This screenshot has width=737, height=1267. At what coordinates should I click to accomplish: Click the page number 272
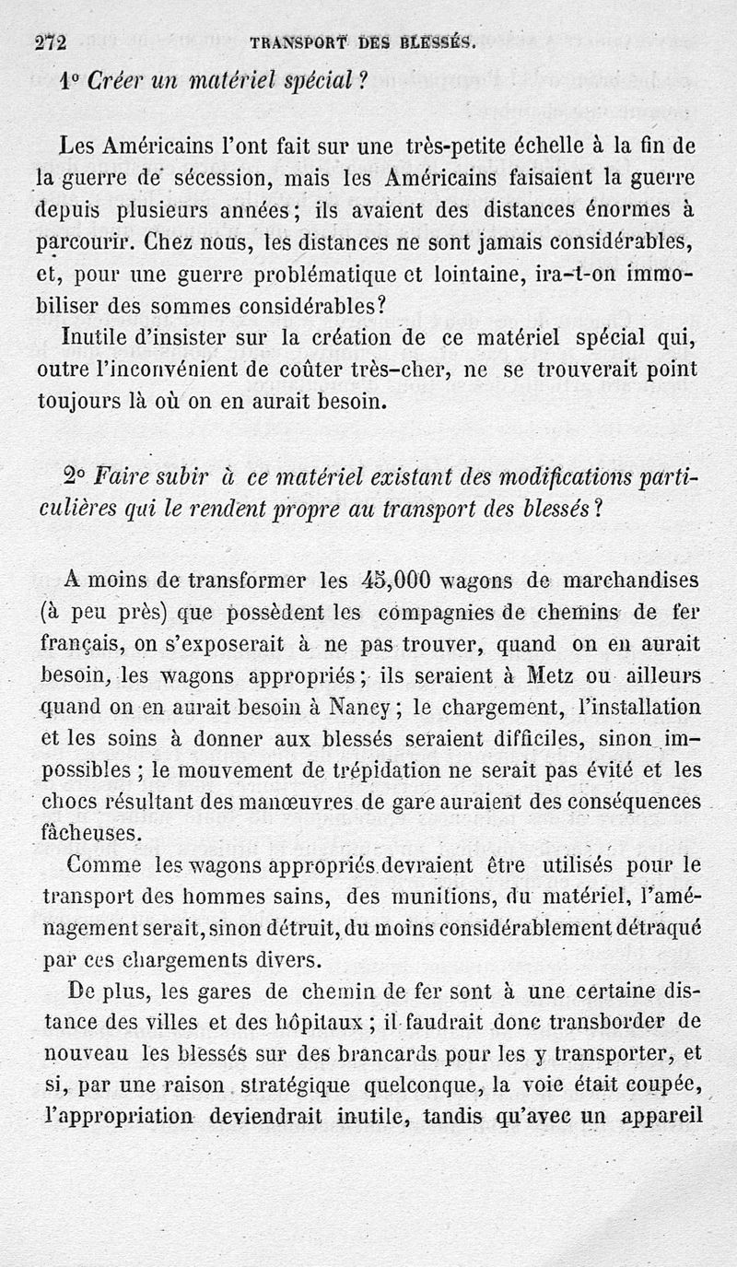(52, 42)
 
